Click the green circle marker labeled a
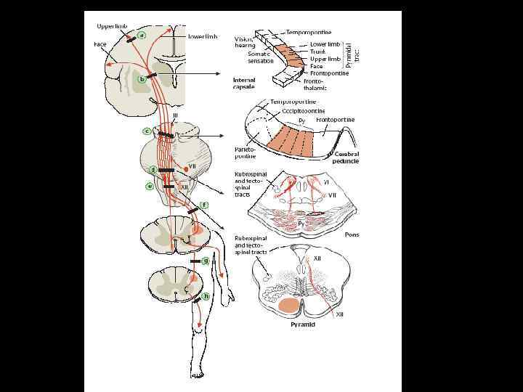[x=142, y=34]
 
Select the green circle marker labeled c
[x=147, y=131]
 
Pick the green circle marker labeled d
[x=153, y=169]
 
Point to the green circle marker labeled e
[x=150, y=186]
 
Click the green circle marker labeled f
[x=205, y=205]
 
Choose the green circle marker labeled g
[x=206, y=259]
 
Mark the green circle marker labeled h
[x=206, y=296]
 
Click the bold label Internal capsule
[x=244, y=83]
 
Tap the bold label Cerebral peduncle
[x=346, y=158]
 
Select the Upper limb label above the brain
[x=112, y=26]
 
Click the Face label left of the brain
[x=100, y=44]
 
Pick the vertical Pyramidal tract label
[x=352, y=46]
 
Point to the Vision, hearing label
[x=246, y=41]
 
